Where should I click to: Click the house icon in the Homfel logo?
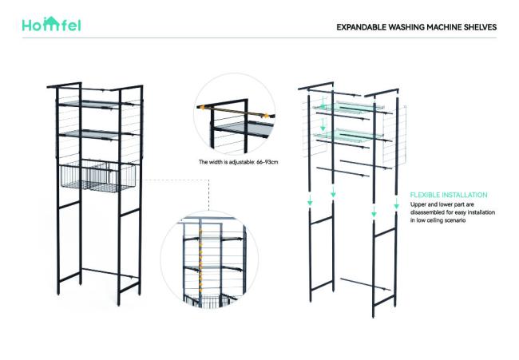pyautogui.click(x=51, y=24)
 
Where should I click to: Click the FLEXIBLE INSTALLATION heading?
pyautogui.click(x=449, y=195)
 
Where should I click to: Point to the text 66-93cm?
pyautogui.click(x=267, y=162)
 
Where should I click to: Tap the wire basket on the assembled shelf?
pyautogui.click(x=98, y=176)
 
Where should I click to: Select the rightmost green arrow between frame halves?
pyautogui.click(x=397, y=204)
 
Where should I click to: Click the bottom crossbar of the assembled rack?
pyautogui.click(x=110, y=273)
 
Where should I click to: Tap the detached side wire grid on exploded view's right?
pyautogui.click(x=394, y=136)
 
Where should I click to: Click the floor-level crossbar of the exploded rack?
pyautogui.click(x=366, y=284)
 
